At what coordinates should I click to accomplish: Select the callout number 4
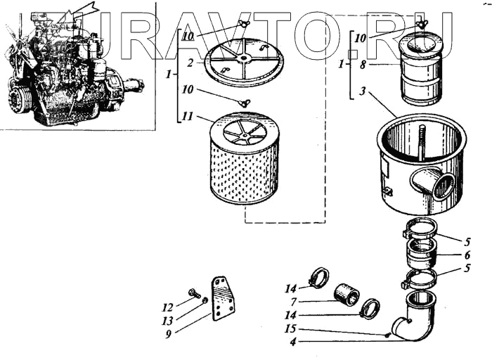pos(291,343)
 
